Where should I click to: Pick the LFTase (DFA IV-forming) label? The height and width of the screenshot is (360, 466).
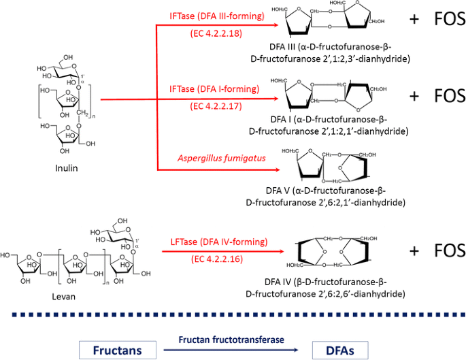click(x=217, y=241)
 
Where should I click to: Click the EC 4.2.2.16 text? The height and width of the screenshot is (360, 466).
click(x=217, y=259)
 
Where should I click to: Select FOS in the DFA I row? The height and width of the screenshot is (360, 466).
click(x=448, y=95)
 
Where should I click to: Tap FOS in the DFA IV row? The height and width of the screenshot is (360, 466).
click(x=448, y=250)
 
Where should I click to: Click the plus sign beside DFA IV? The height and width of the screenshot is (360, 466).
click(x=414, y=250)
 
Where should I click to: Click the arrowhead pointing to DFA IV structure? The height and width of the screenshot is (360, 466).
click(x=280, y=251)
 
